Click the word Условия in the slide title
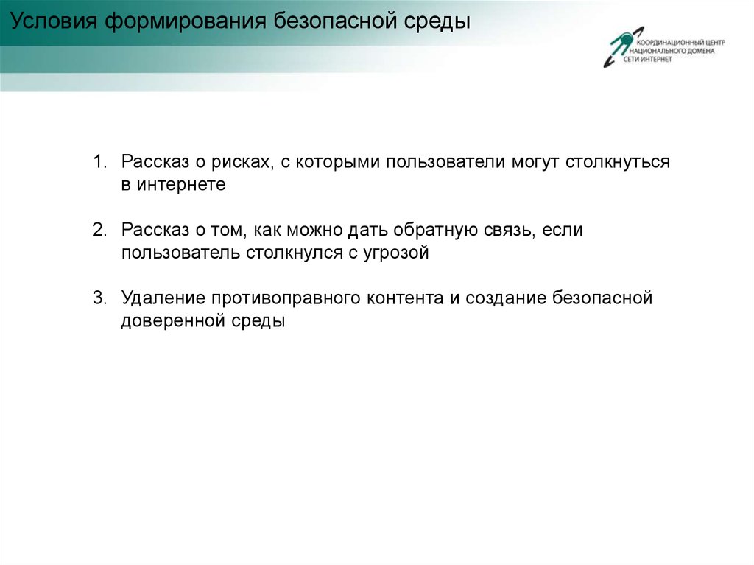[x=54, y=21]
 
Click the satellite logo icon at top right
[x=624, y=46]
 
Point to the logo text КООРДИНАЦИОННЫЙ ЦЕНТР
[x=680, y=42]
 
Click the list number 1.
[x=99, y=162]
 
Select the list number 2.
[x=99, y=230]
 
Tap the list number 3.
[x=99, y=298]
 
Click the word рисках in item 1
[x=242, y=163]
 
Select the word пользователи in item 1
[x=445, y=162]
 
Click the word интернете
[x=181, y=185]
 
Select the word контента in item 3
[x=405, y=298]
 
